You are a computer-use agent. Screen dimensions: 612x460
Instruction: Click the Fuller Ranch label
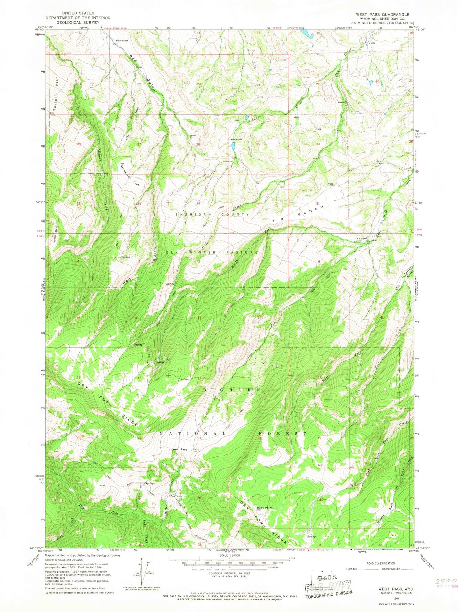[121, 41]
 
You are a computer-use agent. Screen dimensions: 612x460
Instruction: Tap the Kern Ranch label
[237, 139]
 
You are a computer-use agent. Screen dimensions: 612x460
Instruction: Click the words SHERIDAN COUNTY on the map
[212, 214]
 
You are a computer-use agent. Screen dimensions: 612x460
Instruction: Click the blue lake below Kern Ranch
[233, 146]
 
